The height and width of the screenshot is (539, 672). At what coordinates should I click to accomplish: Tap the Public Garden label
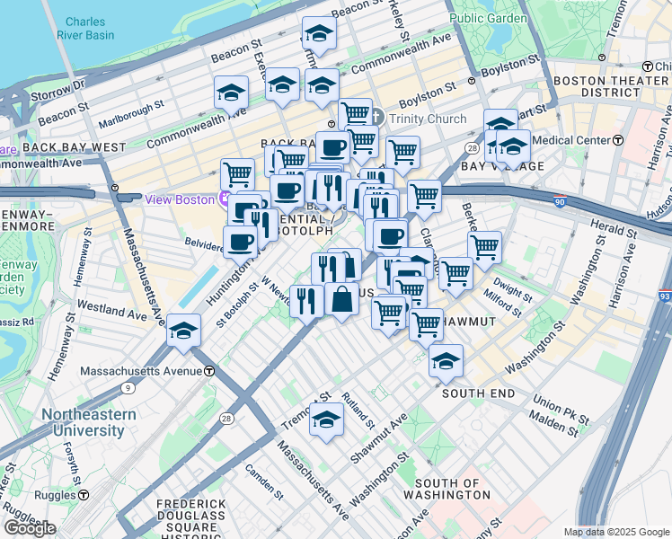[488, 16]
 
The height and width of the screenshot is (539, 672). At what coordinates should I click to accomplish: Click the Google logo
[29, 528]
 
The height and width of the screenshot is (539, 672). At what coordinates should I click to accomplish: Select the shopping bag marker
[342, 299]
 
